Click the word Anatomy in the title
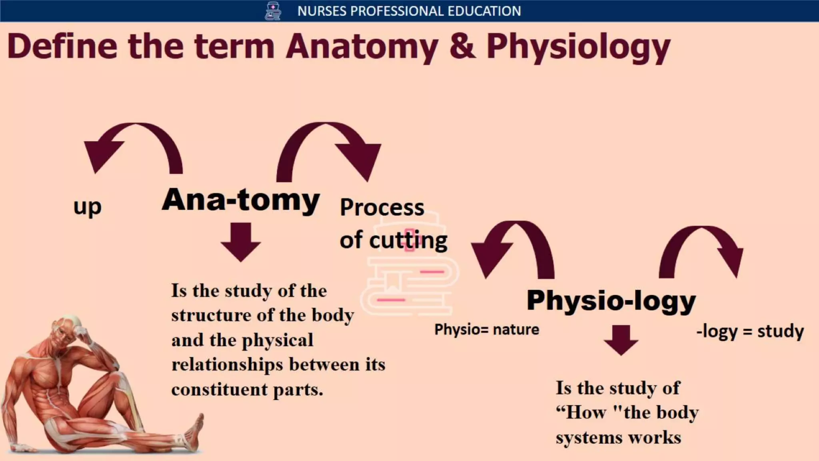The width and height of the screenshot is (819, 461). [x=362, y=47]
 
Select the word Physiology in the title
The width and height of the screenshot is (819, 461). [x=578, y=47]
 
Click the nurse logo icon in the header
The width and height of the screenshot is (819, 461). [x=273, y=11]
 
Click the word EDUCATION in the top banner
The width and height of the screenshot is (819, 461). [x=484, y=11]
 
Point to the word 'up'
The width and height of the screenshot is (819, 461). [x=88, y=207]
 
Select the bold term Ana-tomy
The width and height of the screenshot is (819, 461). [x=240, y=200]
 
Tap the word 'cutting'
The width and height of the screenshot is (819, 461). [x=408, y=240]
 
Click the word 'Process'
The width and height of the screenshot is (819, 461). [x=382, y=207]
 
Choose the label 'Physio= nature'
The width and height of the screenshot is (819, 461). [x=487, y=330]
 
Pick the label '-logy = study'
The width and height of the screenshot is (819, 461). [x=750, y=331]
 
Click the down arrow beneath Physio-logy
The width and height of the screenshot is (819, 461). [x=621, y=339]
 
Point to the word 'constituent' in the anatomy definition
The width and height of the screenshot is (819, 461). [x=220, y=389]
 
